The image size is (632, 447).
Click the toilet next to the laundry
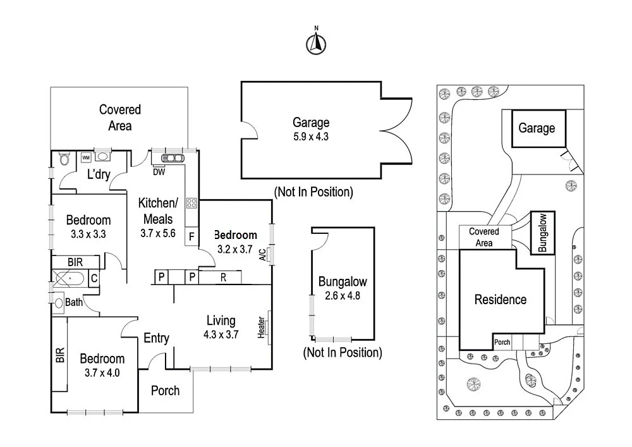[63, 159]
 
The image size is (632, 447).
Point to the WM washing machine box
[86, 157]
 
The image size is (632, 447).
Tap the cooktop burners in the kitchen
[191, 204]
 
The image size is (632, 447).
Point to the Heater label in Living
[262, 328]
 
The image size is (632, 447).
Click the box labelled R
[222, 277]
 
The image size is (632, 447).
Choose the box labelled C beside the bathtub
[93, 277]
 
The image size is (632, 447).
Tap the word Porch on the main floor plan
[165, 391]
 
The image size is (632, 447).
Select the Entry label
[156, 338]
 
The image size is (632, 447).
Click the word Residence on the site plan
[500, 300]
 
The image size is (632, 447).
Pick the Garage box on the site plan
[537, 128]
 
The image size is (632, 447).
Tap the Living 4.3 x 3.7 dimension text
[221, 328]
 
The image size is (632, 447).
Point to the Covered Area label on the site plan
[483, 237]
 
